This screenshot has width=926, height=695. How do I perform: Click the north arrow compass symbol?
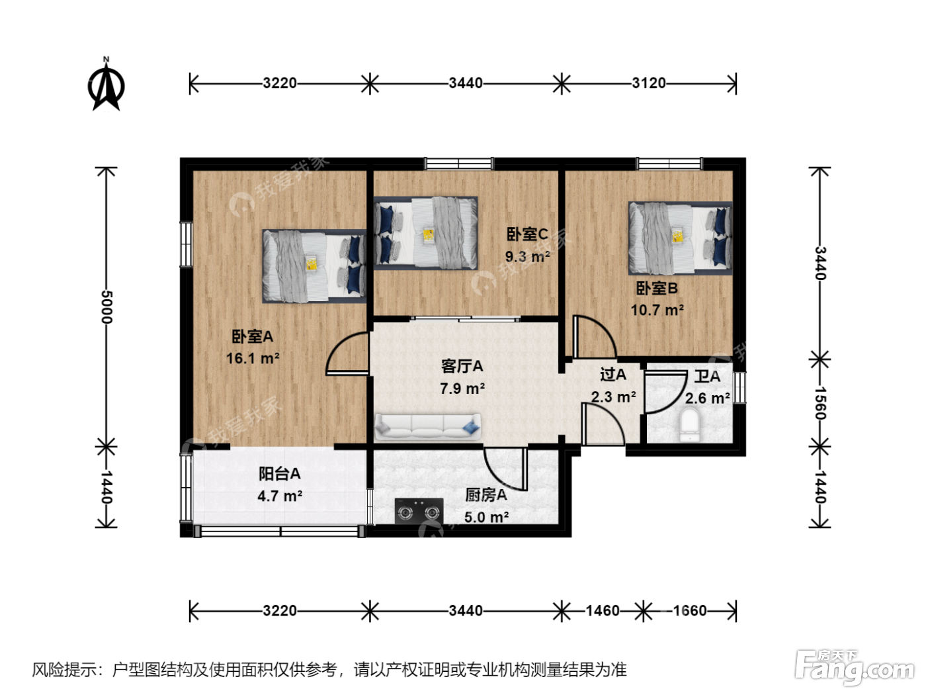[106, 85]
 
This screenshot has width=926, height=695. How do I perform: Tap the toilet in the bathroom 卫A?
[690, 424]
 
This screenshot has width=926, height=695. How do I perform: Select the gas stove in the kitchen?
[419, 511]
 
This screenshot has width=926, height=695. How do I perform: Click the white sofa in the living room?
[428, 427]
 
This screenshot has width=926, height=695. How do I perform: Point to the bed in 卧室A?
[314, 266]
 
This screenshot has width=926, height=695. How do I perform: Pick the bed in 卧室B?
[680, 238]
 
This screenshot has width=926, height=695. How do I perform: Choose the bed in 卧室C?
[426, 233]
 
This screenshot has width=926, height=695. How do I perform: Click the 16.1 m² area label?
[253, 358]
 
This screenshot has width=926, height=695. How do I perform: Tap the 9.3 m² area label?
[527, 256]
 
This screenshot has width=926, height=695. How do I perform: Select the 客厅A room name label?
[462, 366]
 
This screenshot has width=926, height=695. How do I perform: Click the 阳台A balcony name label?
[280, 473]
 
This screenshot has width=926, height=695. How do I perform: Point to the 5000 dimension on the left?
[106, 306]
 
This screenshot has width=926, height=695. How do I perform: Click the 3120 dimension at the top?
[649, 83]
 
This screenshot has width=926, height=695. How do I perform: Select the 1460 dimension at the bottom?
[603, 610]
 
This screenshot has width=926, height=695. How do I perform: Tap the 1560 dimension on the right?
[820, 403]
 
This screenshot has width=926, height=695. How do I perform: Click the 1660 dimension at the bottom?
[690, 610]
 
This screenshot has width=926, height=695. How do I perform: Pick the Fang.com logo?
[855, 667]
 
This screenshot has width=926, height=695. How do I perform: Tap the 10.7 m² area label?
[657, 310]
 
